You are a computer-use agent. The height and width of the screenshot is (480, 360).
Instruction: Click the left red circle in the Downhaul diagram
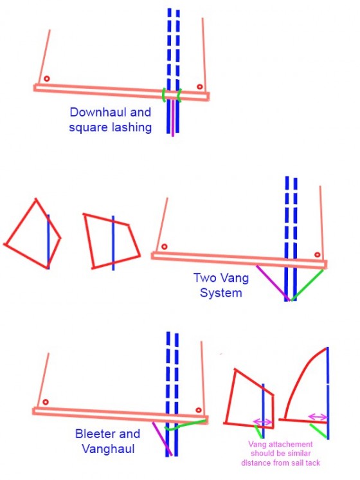tap(46, 78)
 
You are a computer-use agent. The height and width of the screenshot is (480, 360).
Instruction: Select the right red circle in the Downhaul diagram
tap(199, 87)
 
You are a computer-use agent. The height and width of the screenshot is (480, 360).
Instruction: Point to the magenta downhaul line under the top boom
tap(173, 118)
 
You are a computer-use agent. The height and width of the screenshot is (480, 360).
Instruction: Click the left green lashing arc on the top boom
tap(164, 95)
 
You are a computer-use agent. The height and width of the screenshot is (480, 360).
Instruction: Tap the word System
tap(221, 293)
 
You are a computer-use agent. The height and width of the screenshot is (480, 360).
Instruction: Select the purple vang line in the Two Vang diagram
tap(273, 283)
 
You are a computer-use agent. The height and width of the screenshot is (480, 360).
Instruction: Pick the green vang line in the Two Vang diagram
tap(307, 285)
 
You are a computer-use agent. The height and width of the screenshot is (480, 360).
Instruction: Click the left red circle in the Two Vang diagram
tap(164, 246)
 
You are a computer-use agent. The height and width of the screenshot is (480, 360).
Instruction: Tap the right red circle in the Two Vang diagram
tap(317, 255)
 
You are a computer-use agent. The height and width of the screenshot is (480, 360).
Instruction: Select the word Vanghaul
tap(108, 448)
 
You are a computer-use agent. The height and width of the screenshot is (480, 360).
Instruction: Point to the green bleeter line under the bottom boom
tap(185, 425)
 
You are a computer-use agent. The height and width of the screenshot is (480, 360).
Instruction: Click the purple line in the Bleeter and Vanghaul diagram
tap(163, 439)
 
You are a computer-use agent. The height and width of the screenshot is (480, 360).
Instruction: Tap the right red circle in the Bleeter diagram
tap(199, 410)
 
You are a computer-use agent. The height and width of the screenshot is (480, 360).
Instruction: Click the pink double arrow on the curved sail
tap(318, 417)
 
